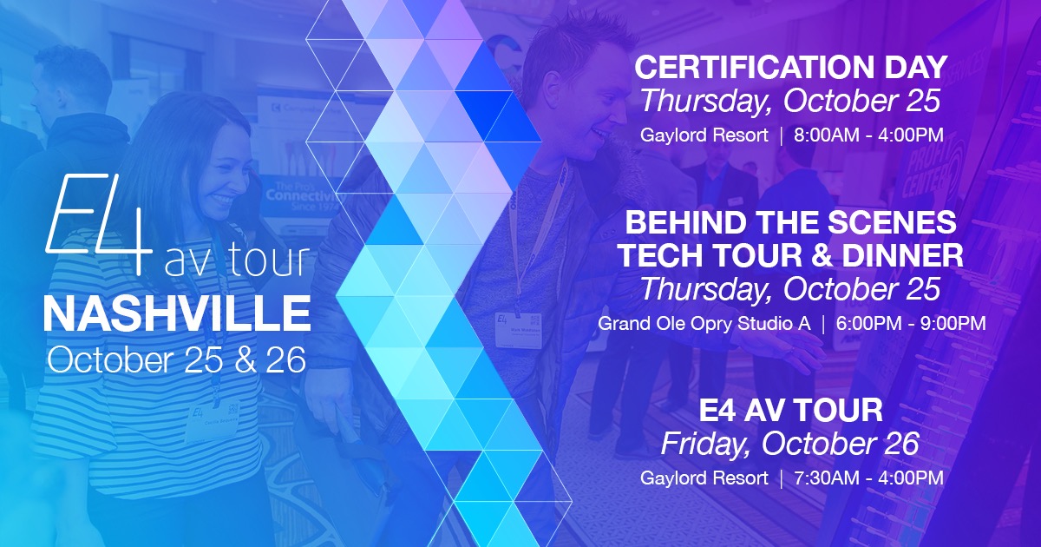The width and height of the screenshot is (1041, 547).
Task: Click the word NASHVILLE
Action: point(177,313)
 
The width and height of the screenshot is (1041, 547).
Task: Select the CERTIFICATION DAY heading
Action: point(790,67)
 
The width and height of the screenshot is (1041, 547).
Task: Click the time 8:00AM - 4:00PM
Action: point(868,135)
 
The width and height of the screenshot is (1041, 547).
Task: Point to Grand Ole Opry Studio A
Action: point(704,324)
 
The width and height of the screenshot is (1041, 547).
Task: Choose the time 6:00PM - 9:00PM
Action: point(911,324)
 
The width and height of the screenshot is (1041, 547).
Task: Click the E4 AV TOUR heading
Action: point(790,410)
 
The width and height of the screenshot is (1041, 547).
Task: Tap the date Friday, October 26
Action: point(790,445)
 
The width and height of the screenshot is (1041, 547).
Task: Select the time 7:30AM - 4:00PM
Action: point(868,478)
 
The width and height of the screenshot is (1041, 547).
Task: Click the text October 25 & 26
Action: point(177,359)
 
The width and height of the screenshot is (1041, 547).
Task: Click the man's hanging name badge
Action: point(519,330)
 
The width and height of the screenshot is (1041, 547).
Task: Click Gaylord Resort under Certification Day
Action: point(704,135)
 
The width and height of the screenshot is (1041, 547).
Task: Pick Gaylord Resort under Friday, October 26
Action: point(704,478)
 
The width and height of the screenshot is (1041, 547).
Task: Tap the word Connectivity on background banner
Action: point(304,195)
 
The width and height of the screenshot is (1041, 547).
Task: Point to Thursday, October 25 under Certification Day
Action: point(790,102)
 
